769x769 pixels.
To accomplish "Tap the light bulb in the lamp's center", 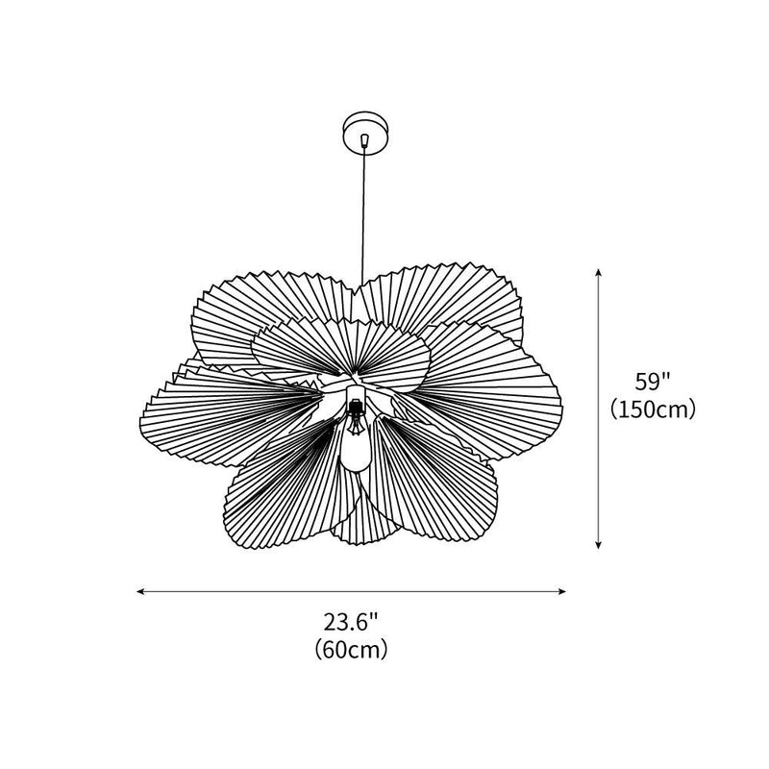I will coord(356,446).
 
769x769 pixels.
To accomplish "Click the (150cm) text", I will coord(653,410).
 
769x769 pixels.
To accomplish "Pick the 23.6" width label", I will coord(351,622).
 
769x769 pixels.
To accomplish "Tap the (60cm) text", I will coord(351,651).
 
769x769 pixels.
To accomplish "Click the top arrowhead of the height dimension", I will coord(600,274).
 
